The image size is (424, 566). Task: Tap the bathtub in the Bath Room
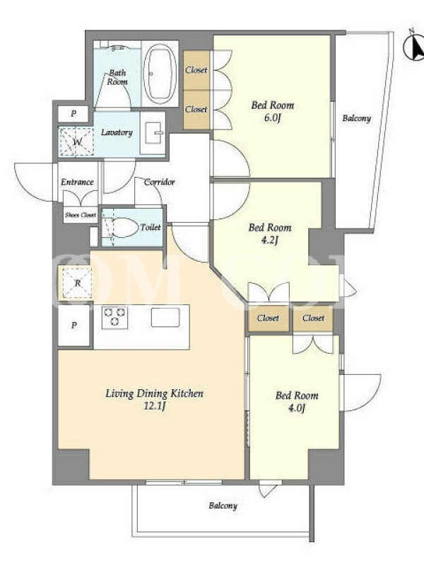(x=160, y=74)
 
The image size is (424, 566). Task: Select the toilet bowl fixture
(x=122, y=227)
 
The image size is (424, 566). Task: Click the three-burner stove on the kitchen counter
(x=114, y=317)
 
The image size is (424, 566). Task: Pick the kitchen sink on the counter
(x=165, y=317)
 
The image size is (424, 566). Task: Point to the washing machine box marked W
(x=76, y=141)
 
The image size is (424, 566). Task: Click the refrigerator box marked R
(x=76, y=284)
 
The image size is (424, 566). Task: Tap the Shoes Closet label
(x=81, y=215)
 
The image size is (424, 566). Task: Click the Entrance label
(x=77, y=182)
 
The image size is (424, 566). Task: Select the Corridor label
(x=160, y=182)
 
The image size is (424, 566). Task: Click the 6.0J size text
(x=272, y=118)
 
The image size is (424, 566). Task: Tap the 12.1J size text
(x=155, y=406)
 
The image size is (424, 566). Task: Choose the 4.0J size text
(x=297, y=408)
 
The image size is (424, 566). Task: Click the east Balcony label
(x=357, y=118)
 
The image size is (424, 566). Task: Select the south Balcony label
(x=223, y=506)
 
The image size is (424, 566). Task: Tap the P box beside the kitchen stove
(x=74, y=325)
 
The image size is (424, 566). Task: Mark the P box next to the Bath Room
(x=73, y=114)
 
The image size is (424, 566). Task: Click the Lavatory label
(x=117, y=132)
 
